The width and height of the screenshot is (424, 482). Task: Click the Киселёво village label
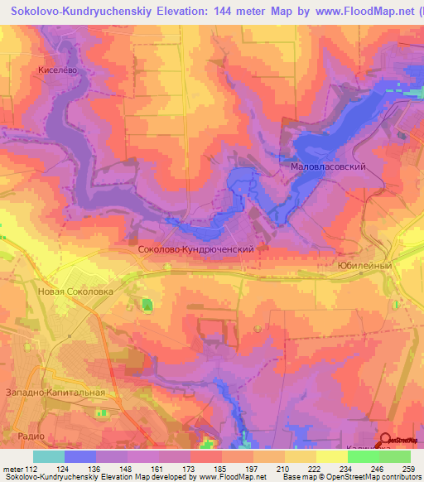tap(57, 71)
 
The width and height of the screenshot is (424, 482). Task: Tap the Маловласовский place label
tap(328, 166)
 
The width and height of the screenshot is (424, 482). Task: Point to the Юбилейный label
tap(364, 266)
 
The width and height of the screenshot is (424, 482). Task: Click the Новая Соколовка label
tap(75, 292)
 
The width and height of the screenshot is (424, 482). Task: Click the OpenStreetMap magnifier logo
tap(387, 441)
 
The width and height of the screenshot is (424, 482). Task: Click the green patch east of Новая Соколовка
tap(147, 306)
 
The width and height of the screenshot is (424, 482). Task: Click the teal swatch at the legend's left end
tap(48, 456)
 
